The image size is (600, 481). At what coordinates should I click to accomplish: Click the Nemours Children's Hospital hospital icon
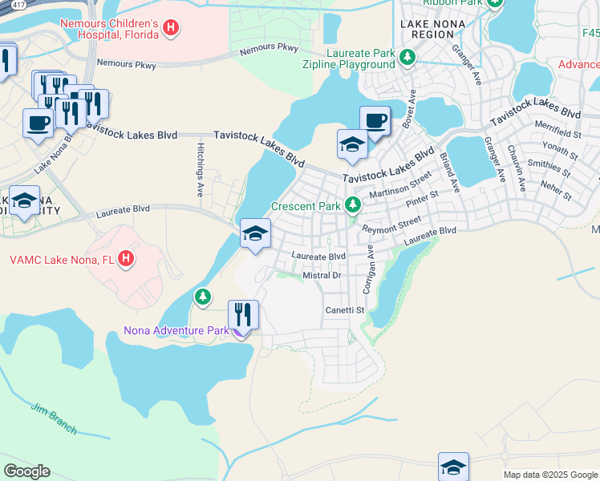point(170,28)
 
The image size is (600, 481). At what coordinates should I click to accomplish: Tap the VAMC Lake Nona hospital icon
point(125,259)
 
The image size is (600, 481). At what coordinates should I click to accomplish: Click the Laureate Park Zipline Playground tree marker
point(407,56)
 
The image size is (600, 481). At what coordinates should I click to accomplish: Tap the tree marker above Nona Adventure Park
point(203,297)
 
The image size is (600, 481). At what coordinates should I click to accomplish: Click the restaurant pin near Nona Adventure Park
point(243,314)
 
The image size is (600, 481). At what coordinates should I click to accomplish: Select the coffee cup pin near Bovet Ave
point(374,121)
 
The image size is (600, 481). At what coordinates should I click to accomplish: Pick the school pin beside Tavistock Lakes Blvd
point(351,144)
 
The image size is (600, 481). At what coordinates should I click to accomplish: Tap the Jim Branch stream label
point(54,418)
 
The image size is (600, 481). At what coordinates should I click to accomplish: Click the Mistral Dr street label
point(322,275)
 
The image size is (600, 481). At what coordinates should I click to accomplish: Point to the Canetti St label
point(344,309)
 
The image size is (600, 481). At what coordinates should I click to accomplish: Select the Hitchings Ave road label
point(201,170)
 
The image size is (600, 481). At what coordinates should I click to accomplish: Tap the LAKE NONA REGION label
point(433,30)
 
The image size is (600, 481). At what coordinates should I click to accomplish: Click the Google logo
point(26,471)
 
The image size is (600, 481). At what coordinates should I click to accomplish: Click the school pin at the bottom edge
point(453,467)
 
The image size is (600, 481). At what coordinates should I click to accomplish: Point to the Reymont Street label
point(391,224)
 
